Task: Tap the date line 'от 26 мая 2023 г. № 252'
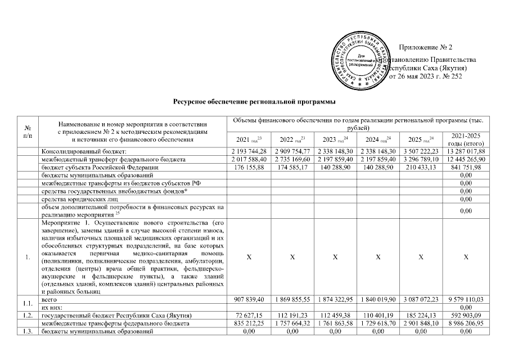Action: click(426, 76)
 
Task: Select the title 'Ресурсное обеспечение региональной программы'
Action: click(254, 102)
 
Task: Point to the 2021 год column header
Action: click(247, 139)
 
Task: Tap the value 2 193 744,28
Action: click(247, 152)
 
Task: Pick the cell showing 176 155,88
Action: click(247, 168)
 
